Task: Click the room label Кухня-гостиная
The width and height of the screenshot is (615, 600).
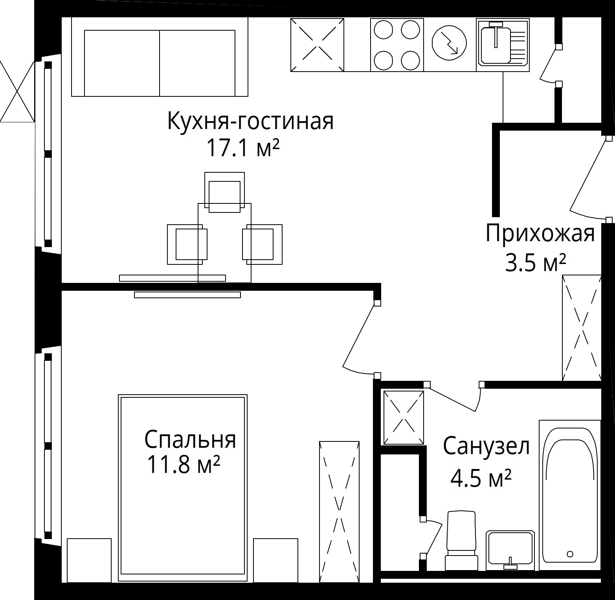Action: coord(250,121)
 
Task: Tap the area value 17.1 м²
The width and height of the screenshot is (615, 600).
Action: coord(243,148)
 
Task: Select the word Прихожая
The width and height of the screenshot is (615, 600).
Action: coord(540,234)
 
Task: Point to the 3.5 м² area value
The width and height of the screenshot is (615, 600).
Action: coord(536,262)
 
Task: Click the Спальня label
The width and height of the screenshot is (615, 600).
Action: coord(190,439)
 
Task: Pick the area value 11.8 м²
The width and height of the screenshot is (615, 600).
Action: coord(183,465)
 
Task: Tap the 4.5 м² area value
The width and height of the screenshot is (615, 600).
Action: coord(481,478)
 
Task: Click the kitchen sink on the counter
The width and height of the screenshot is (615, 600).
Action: coord(503,45)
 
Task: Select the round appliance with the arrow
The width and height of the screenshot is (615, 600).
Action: coord(449,43)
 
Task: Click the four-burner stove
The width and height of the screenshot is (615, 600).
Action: coord(397,45)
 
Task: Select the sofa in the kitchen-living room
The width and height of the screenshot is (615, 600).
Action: coord(160,57)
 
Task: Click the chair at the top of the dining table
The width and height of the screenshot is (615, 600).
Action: coord(225,192)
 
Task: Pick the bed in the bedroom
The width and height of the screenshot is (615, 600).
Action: coord(183,488)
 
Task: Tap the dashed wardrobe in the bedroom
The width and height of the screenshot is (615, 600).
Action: coord(339,512)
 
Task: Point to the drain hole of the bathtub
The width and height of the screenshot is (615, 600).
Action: coord(570,554)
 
